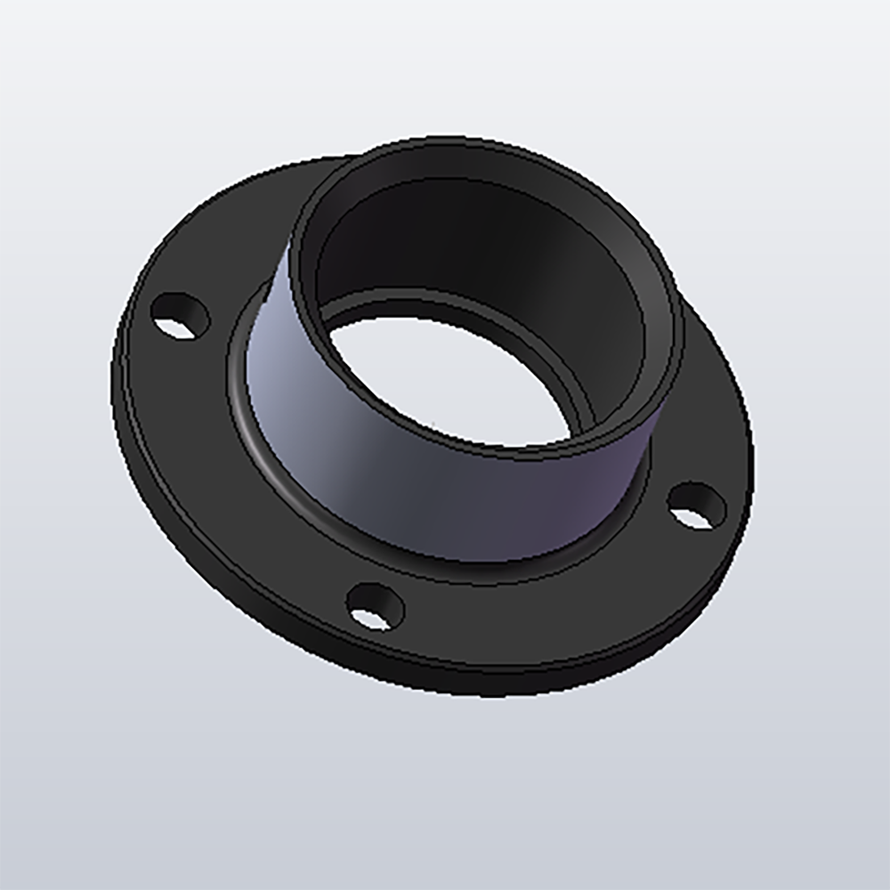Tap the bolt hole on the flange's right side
pyautogui.click(x=696, y=506)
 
